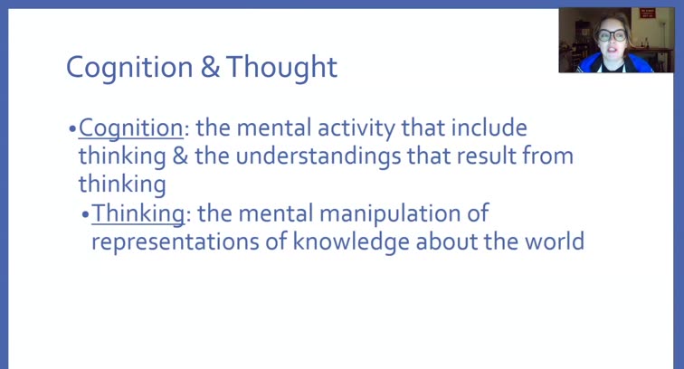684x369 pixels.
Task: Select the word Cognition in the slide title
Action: coord(129,68)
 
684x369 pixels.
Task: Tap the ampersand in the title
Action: coord(211,68)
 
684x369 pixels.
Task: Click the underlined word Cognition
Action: coord(130,129)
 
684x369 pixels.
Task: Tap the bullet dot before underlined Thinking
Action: coord(85,214)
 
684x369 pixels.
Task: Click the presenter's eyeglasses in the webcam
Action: coord(613,35)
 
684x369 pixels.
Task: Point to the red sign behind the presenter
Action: coord(647,14)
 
